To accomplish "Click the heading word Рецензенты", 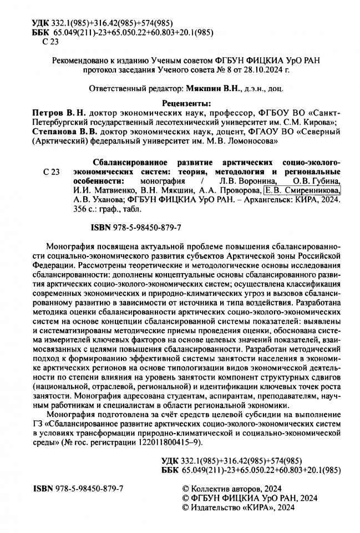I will click(180, 103).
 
